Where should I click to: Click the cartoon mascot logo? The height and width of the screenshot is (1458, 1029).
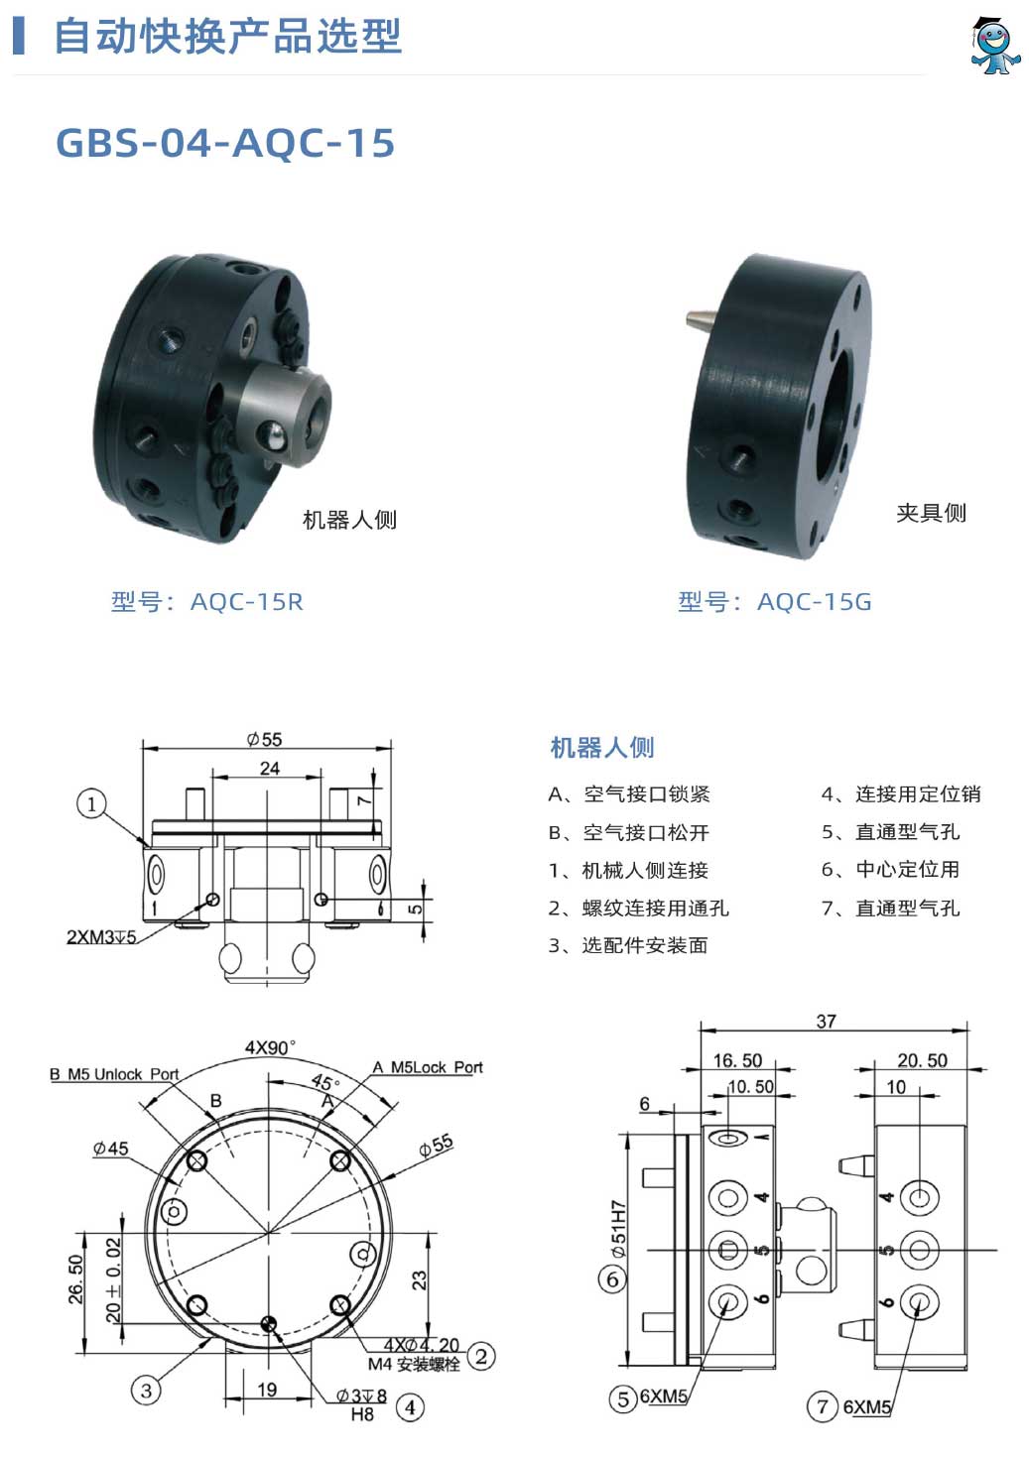(994, 47)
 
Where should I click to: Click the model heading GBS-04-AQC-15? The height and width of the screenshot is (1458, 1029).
(225, 143)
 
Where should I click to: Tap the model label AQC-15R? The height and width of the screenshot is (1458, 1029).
(247, 602)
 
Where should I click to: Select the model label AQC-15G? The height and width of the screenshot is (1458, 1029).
(814, 602)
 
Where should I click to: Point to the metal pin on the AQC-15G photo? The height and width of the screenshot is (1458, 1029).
(702, 319)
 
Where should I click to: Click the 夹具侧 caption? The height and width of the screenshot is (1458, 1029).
(931, 513)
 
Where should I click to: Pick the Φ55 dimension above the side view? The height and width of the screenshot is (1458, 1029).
(264, 740)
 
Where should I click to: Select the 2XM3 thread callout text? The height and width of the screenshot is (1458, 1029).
(101, 936)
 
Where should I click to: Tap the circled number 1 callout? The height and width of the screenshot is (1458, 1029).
(91, 804)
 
